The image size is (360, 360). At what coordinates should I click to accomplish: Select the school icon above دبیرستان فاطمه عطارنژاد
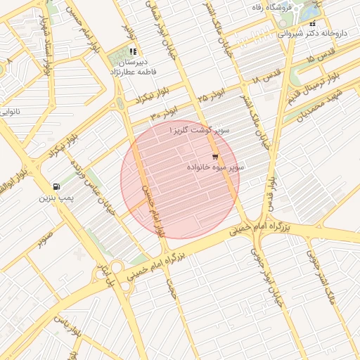coord(133,51)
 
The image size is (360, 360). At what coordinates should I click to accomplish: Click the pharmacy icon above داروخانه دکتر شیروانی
coord(312,22)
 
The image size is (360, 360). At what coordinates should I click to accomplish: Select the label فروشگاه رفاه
coord(275,6)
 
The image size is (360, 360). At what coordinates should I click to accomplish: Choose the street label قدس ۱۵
coord(321,58)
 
